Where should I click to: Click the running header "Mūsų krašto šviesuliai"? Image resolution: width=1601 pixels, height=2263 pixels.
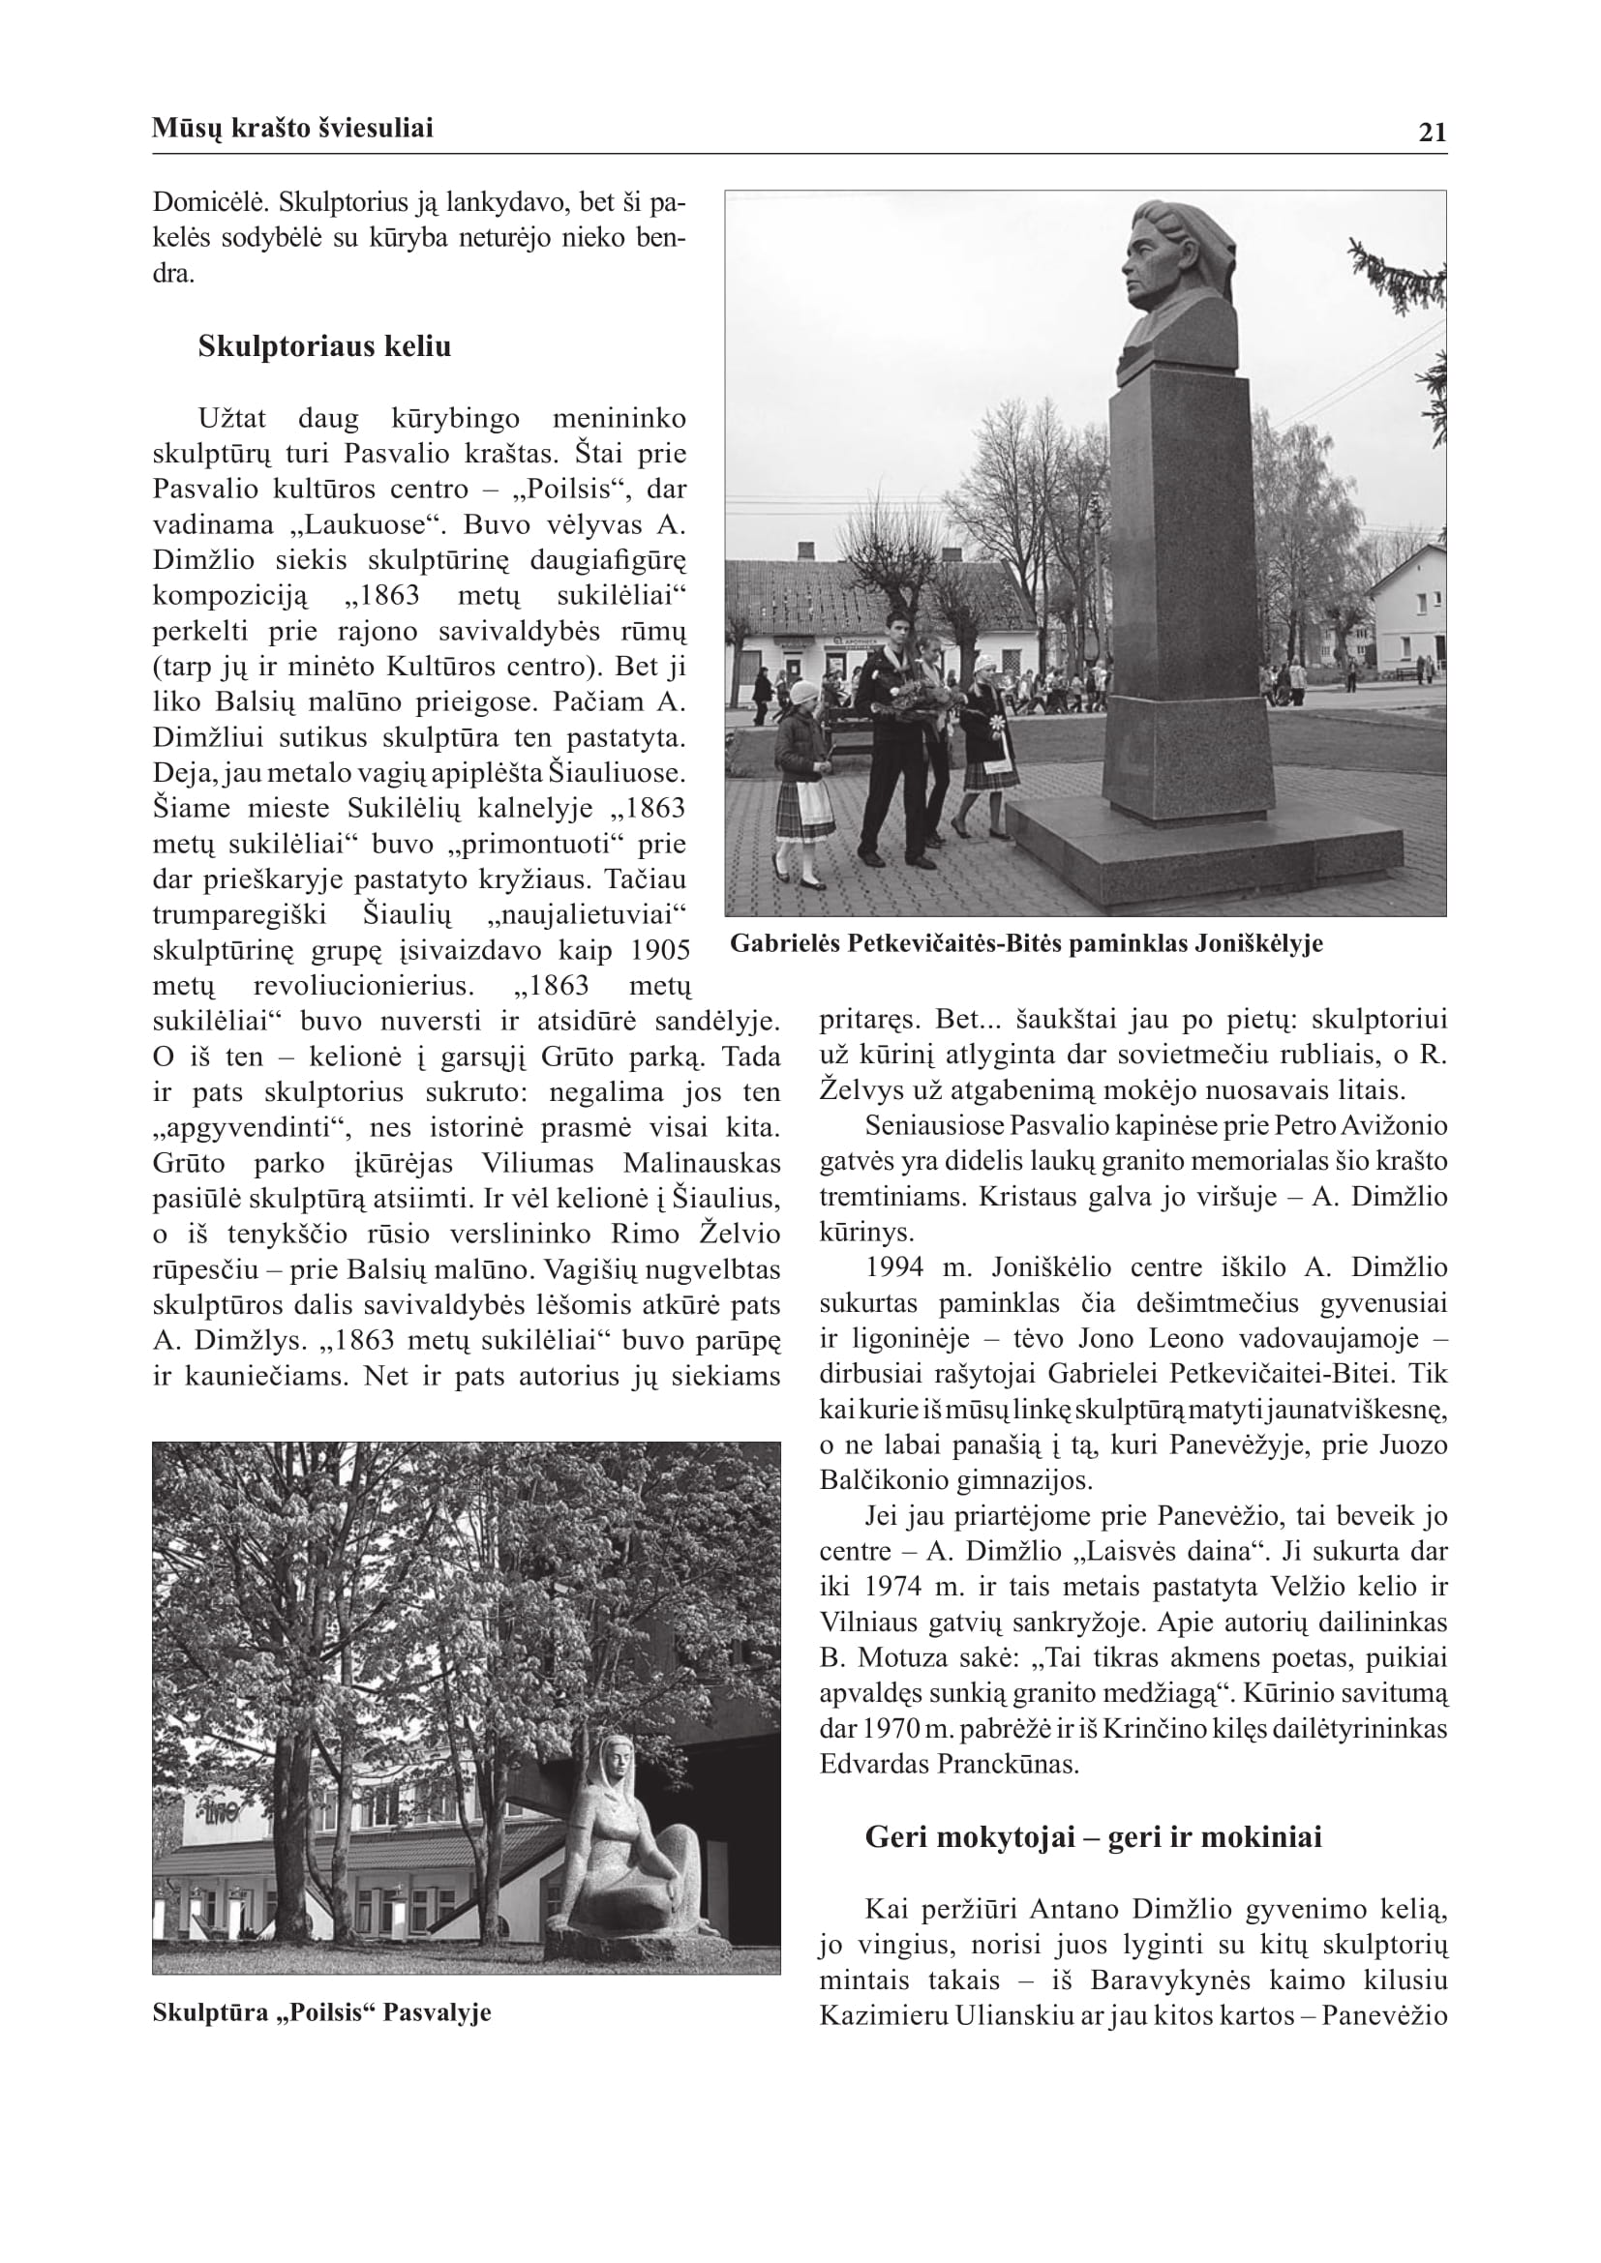(292, 128)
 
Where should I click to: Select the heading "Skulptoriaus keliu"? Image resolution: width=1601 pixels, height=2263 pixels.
(324, 347)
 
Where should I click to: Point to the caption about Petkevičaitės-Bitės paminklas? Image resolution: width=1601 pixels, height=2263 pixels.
(1026, 944)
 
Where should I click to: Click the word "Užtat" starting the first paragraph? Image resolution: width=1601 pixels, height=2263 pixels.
(231, 419)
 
